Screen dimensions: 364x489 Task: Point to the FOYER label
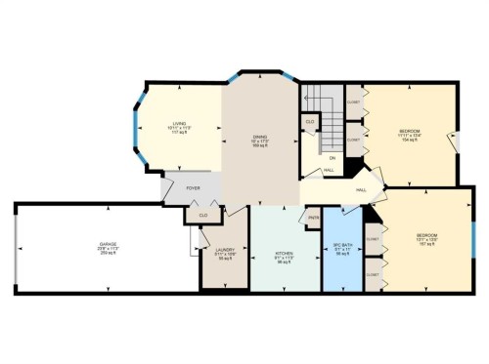point(194,188)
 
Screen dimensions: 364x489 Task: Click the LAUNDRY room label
point(224,250)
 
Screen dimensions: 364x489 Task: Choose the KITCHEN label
point(284,254)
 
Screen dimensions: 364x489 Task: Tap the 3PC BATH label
point(341,248)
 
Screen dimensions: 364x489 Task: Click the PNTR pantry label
point(314,217)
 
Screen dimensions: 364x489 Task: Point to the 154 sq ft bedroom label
point(410,130)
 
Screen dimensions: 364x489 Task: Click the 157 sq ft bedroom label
point(426,235)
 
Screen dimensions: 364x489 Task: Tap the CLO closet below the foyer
point(203,215)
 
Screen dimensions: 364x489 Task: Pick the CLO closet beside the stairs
point(310,122)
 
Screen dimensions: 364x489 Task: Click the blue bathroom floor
point(341,268)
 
